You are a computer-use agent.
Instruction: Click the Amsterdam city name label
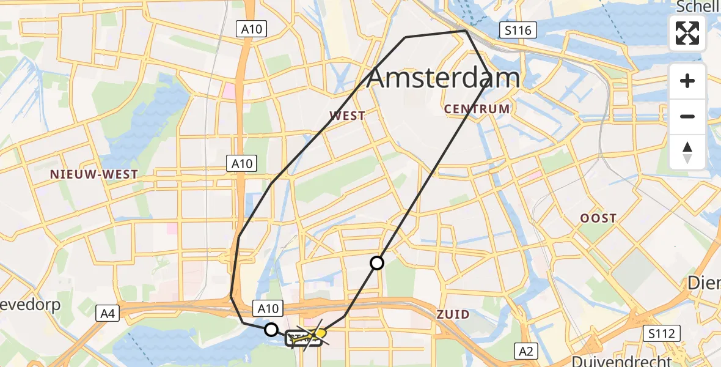coord(444,78)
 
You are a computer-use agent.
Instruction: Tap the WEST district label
coord(347,116)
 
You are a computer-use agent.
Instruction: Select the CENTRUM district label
coord(477,109)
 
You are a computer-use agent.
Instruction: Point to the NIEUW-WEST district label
coord(94,174)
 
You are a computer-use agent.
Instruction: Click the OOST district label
coord(599,218)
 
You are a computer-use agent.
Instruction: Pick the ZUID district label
coord(453,314)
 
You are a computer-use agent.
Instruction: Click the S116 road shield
coord(518,30)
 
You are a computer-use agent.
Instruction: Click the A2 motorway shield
coord(527,350)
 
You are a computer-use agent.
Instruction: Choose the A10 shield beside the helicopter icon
coord(268,310)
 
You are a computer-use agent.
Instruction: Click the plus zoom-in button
coord(687,81)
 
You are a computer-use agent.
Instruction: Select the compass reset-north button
coord(687,152)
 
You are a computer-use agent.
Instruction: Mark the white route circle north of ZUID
coord(377,263)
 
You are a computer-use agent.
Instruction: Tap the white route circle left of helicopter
coord(271,330)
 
